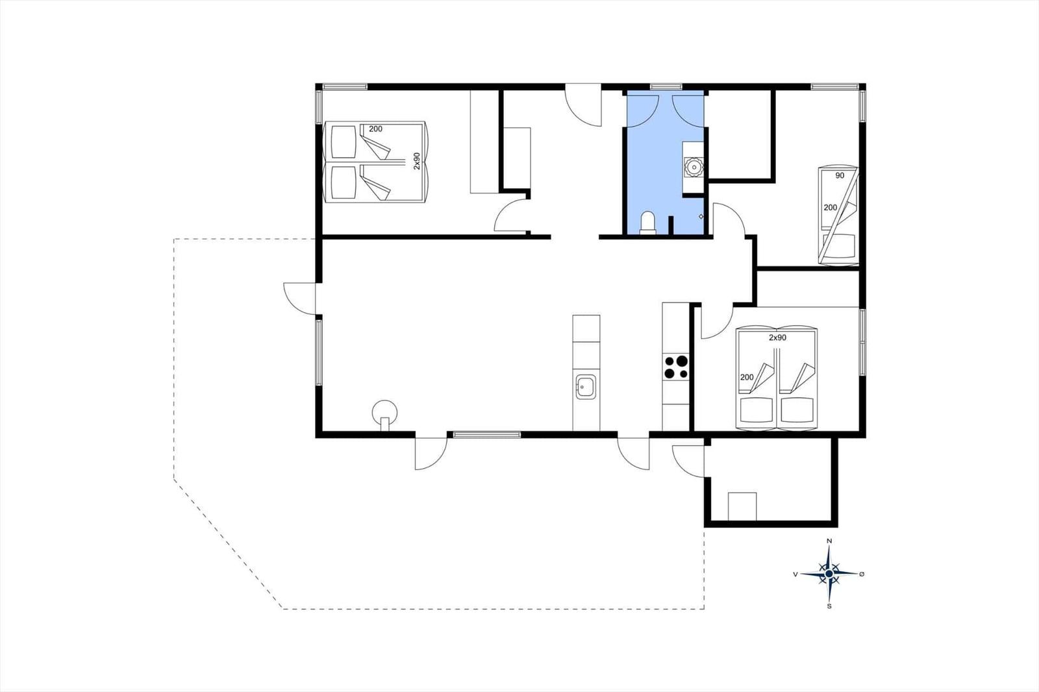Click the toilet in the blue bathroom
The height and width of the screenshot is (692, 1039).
pos(647,223)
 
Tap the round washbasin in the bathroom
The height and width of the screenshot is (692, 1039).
pos(693,166)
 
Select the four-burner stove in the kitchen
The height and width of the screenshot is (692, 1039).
pos(676,367)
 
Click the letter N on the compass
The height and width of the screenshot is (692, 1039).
pos(829,541)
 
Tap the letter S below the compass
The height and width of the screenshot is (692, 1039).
pos(829,606)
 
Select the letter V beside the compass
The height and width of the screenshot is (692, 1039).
pos(795,575)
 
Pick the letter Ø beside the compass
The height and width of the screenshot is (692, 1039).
pos(862,575)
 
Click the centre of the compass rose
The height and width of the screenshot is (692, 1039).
pos(829,574)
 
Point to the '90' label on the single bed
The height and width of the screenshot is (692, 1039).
pos(840,176)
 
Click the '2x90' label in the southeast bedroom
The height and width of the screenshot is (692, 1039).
pos(777,338)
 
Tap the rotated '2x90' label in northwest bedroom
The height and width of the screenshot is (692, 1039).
pos(416,161)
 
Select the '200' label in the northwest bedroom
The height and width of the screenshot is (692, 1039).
pos(376,129)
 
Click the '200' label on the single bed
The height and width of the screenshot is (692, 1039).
pos(831,208)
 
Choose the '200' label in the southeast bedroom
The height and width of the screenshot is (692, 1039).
pos(747,378)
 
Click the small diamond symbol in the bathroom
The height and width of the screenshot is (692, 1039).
pos(701,216)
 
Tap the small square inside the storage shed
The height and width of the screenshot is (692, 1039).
pos(742,506)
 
